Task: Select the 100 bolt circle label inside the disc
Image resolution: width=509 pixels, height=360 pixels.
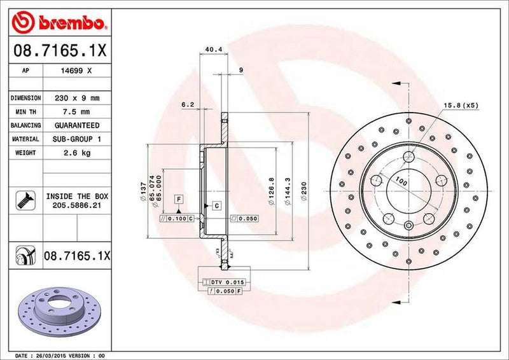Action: click(400, 182)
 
